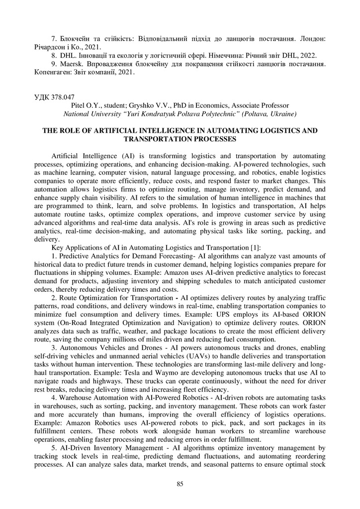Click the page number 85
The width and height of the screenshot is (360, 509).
[x=180, y=484]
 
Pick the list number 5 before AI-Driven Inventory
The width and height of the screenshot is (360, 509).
[x=53, y=447]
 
